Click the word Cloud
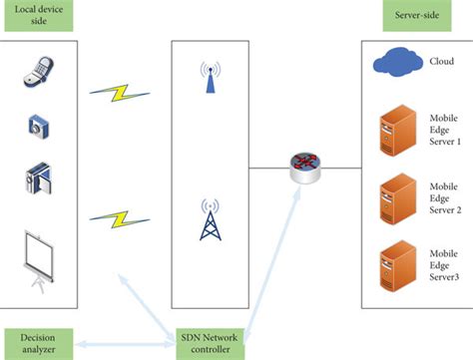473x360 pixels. click(442, 60)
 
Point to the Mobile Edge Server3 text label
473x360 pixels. click(443, 262)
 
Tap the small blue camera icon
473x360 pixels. click(37, 127)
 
